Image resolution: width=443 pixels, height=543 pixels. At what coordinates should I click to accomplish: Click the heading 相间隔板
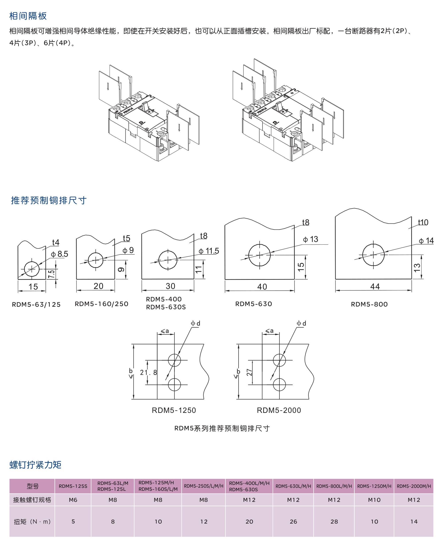28,16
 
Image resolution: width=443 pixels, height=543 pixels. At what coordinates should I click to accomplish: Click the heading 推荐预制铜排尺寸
49,200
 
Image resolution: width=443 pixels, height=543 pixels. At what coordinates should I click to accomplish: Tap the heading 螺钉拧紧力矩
35,465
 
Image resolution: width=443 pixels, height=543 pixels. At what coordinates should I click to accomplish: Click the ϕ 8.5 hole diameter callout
59,254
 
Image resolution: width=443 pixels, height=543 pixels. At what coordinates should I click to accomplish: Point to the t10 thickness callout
423,222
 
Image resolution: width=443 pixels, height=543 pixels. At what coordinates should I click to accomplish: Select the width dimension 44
375,286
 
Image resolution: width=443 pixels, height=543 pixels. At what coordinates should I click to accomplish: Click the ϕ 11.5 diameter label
209,251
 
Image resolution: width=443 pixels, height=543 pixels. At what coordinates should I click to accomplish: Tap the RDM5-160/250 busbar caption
101,304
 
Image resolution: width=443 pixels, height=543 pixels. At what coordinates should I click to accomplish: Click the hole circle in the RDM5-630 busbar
259,255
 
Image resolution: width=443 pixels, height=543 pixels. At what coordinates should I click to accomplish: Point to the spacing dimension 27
249,373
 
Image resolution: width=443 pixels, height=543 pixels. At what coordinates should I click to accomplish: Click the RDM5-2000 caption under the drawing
279,410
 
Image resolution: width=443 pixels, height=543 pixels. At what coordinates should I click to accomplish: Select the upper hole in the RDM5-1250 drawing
174,360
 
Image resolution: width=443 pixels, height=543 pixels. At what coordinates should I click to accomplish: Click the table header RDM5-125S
73,486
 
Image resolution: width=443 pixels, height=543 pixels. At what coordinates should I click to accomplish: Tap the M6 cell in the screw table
73,500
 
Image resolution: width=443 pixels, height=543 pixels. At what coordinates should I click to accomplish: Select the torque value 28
334,522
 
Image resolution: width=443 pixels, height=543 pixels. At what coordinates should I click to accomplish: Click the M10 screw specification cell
374,500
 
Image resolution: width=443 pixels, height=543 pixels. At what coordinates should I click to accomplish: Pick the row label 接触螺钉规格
32,500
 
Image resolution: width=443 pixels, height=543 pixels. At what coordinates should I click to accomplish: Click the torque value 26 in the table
293,522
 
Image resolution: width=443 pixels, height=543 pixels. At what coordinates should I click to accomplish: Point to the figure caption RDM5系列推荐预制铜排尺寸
222,428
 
